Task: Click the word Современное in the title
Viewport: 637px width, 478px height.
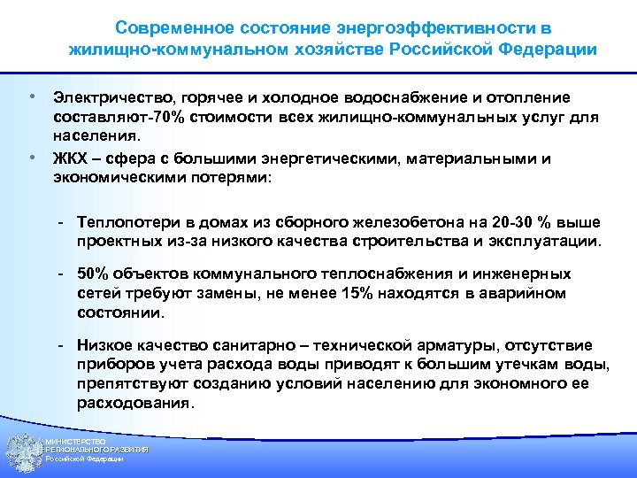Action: pyautogui.click(x=168, y=28)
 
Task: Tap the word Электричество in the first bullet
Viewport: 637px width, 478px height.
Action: pyautogui.click(x=104, y=96)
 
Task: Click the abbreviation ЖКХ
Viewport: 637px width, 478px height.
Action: pyautogui.click(x=71, y=159)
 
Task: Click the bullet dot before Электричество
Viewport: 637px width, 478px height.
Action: pyautogui.click(x=31, y=94)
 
